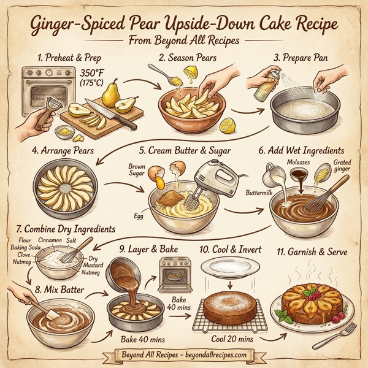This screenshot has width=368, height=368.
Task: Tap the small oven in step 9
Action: click(x=174, y=274)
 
